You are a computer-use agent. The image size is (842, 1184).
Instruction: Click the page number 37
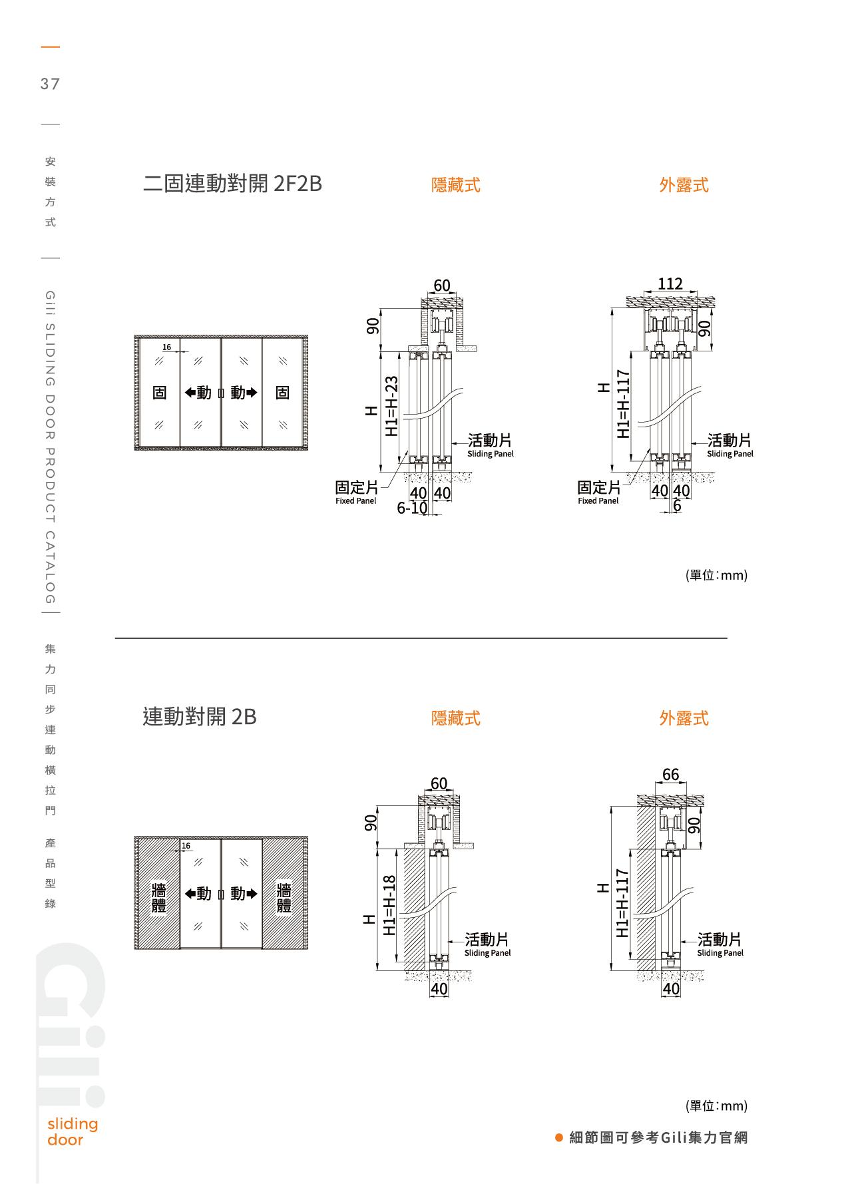(50, 84)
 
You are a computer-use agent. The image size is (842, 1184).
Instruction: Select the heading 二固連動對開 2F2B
(232, 184)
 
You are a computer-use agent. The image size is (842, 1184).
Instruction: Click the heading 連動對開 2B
(199, 717)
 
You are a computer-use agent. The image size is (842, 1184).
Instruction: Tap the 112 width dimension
(670, 284)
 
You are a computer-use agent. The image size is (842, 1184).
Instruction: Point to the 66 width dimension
(670, 775)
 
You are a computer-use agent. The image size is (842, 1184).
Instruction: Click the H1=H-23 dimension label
(392, 407)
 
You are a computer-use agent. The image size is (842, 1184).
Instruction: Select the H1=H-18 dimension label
(390, 905)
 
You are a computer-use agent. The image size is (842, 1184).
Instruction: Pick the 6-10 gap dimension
(412, 508)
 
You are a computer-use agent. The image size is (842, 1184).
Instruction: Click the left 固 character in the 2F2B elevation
(160, 393)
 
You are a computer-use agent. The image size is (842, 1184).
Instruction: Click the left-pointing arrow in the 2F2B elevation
(190, 393)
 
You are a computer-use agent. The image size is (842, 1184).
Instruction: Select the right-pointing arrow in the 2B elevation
(252, 894)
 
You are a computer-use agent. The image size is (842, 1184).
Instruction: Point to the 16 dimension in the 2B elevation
(186, 846)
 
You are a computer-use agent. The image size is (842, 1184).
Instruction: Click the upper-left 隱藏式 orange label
(455, 185)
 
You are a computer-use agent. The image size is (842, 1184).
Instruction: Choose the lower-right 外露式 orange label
(684, 718)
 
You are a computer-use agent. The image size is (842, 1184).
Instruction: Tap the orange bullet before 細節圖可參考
(559, 1137)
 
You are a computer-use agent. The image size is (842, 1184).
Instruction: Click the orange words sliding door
(72, 1131)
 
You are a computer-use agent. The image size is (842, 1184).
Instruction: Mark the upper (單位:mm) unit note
(716, 575)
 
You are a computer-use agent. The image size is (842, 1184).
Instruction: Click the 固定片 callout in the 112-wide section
(598, 488)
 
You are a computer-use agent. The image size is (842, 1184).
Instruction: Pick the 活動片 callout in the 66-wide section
(720, 940)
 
